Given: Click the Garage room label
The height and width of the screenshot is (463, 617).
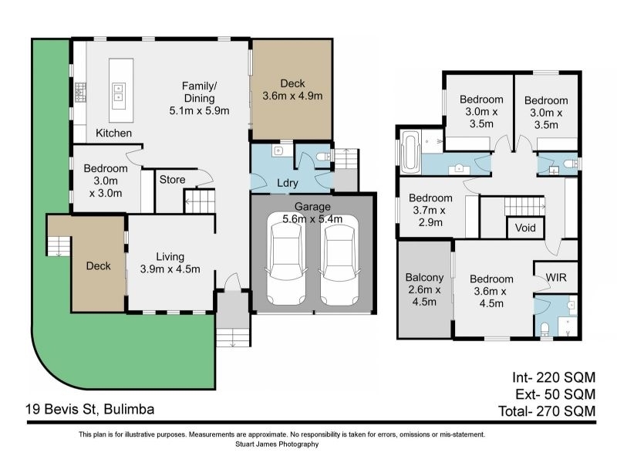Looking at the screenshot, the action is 312,207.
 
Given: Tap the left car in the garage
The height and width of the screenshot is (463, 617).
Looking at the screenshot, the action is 286,259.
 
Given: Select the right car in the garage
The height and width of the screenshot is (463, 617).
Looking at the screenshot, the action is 339,259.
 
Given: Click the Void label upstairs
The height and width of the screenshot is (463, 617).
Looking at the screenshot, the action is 525,228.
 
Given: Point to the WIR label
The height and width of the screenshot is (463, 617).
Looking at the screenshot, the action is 556,278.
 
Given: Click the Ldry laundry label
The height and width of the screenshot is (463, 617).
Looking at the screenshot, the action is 287,183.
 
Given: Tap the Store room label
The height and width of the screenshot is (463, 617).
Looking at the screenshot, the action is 172,180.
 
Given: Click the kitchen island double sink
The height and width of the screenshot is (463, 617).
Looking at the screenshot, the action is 118,92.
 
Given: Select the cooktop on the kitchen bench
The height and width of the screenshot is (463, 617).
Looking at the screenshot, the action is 80,92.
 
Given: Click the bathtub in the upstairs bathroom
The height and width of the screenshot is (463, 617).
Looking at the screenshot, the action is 410,152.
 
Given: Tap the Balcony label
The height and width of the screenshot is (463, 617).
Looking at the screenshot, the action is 424,278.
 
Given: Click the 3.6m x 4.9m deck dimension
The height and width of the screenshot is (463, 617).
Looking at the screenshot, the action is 292,96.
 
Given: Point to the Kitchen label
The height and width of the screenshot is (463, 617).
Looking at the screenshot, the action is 113,133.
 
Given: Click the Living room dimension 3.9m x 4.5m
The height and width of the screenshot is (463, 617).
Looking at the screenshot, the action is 170,269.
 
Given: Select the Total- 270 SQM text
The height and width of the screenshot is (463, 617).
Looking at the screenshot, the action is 547,411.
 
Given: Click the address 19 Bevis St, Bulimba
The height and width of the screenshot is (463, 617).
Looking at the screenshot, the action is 90,410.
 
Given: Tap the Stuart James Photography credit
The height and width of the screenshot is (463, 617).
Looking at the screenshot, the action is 277,444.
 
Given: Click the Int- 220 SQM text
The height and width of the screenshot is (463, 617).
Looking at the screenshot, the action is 554,377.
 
